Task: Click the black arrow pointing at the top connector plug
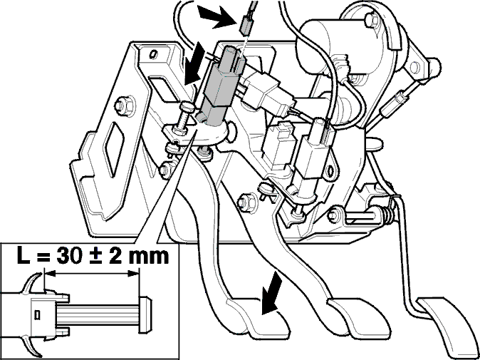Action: point(216,17)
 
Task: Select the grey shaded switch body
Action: point(220,86)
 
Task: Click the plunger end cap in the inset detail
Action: point(145,314)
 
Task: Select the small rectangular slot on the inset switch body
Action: point(37,315)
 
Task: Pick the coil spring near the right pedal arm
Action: point(387,213)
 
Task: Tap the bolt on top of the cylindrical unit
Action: point(371,21)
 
